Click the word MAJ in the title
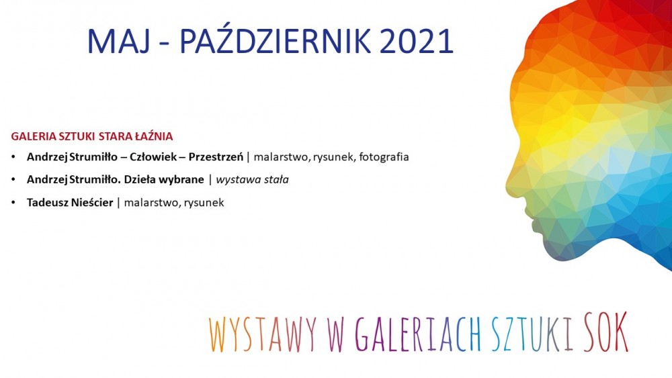point(119,41)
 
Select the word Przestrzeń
point(216,156)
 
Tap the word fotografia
point(384,157)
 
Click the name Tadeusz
point(47,202)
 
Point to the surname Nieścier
point(91,202)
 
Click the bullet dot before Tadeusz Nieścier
point(13,203)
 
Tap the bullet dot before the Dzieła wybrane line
point(13,180)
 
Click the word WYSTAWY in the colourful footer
point(263,334)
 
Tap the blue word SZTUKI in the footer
point(532,334)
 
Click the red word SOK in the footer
point(606,332)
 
